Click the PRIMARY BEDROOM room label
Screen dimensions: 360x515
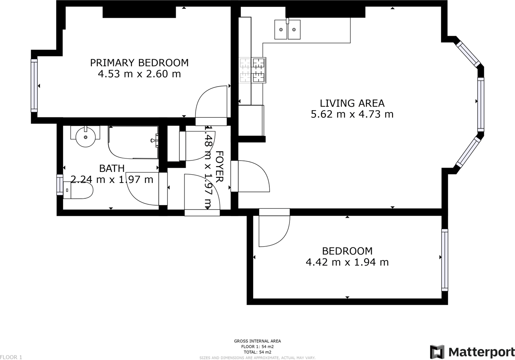pyautogui.click(x=139, y=63)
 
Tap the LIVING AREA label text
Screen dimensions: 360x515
pyautogui.click(x=352, y=103)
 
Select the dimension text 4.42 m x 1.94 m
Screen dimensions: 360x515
pyautogui.click(x=347, y=262)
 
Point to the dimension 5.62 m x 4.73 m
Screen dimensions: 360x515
pyautogui.click(x=352, y=114)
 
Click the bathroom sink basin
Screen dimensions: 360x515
pyautogui.click(x=85, y=137)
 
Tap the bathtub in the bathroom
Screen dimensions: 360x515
pyautogui.click(x=133, y=142)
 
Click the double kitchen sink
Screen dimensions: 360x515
pyautogui.click(x=287, y=29)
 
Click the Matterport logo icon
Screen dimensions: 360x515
pyautogui.click(x=437, y=352)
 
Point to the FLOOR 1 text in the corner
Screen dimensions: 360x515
pyautogui.click(x=11, y=357)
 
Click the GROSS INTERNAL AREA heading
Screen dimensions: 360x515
pyautogui.click(x=257, y=341)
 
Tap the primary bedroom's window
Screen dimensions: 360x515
pyautogui.click(x=34, y=85)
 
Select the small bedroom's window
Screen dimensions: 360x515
pyautogui.click(x=445, y=260)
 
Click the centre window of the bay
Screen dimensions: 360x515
pyautogui.click(x=481, y=104)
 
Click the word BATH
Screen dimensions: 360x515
pyautogui.click(x=112, y=169)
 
